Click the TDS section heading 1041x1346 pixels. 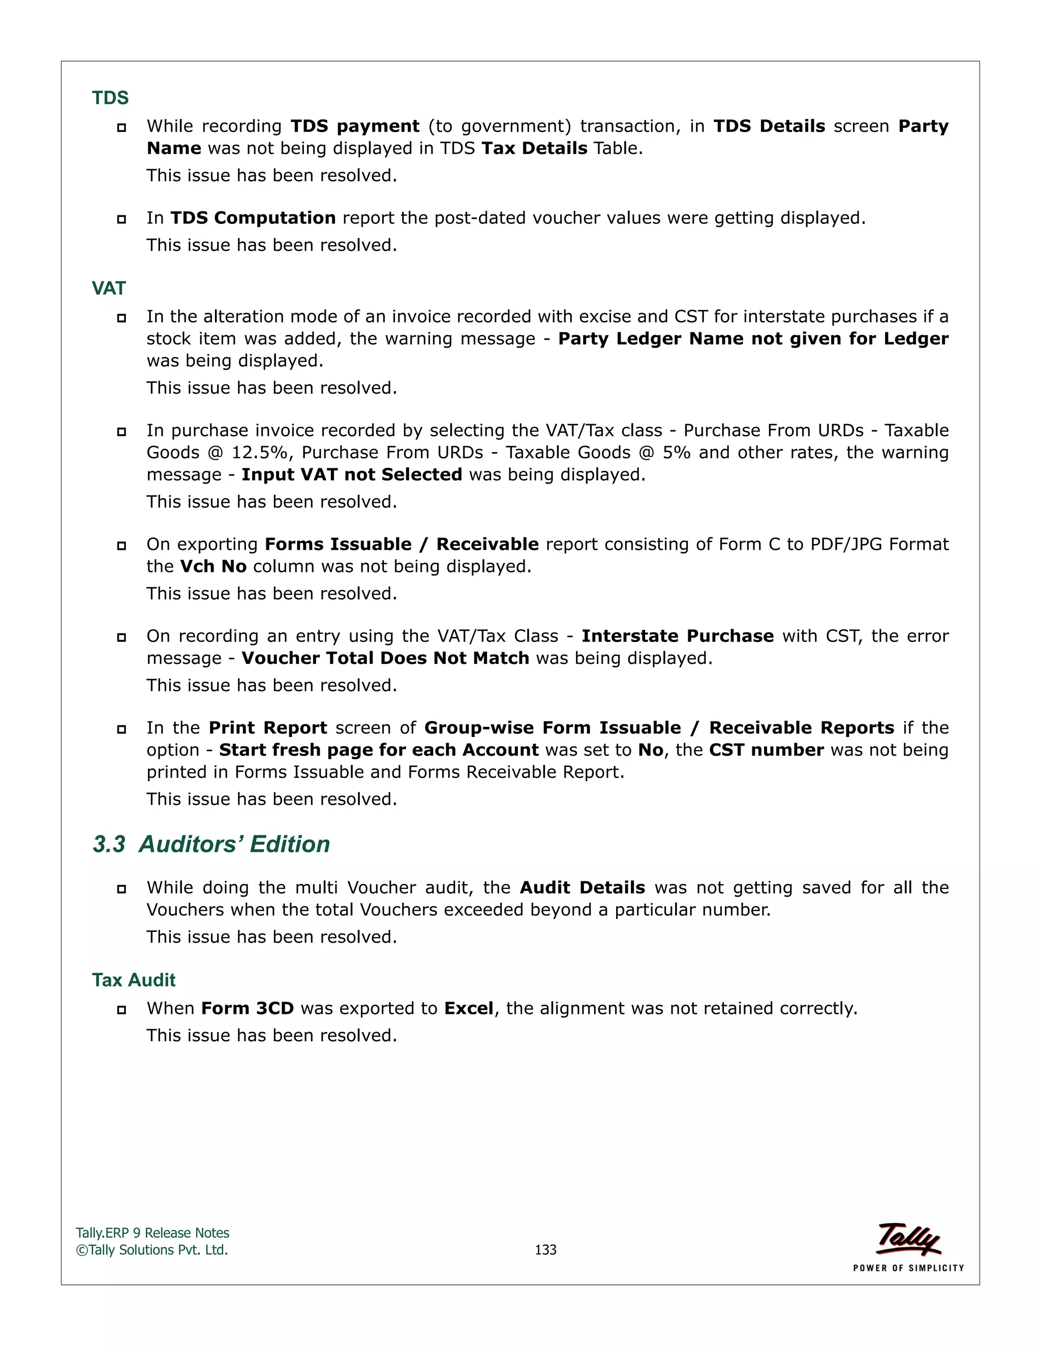110,98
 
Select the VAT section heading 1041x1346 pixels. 109,288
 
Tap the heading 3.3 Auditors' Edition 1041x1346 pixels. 211,844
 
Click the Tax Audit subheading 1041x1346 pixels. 134,979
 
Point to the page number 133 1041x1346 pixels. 545,1249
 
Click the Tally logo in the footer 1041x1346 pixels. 908,1239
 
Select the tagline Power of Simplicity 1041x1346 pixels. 908,1268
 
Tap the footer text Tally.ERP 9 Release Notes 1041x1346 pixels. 152,1233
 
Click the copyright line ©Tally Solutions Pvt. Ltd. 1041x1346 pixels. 151,1250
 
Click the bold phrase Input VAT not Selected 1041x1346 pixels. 352,474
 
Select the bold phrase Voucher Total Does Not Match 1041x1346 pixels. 385,658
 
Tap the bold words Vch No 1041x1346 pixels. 213,566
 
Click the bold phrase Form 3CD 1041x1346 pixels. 248,1008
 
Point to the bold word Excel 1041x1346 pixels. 469,1008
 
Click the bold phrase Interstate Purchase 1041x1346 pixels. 677,635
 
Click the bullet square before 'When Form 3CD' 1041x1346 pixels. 121,1010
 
